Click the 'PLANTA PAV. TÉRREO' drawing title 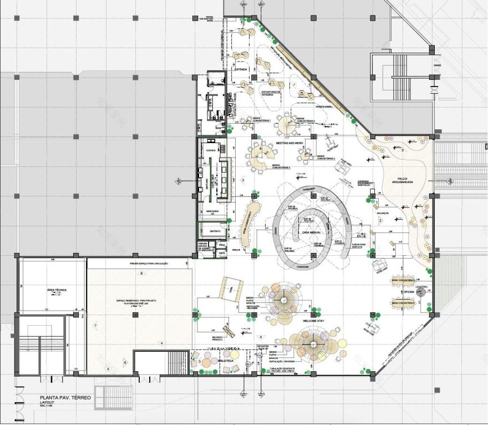(x=65, y=398)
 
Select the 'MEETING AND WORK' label (x=289, y=143)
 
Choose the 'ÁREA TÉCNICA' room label (x=52, y=291)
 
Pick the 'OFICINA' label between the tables (x=409, y=291)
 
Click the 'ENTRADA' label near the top (x=241, y=69)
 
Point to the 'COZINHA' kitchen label (x=211, y=150)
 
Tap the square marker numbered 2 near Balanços (x=380, y=220)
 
